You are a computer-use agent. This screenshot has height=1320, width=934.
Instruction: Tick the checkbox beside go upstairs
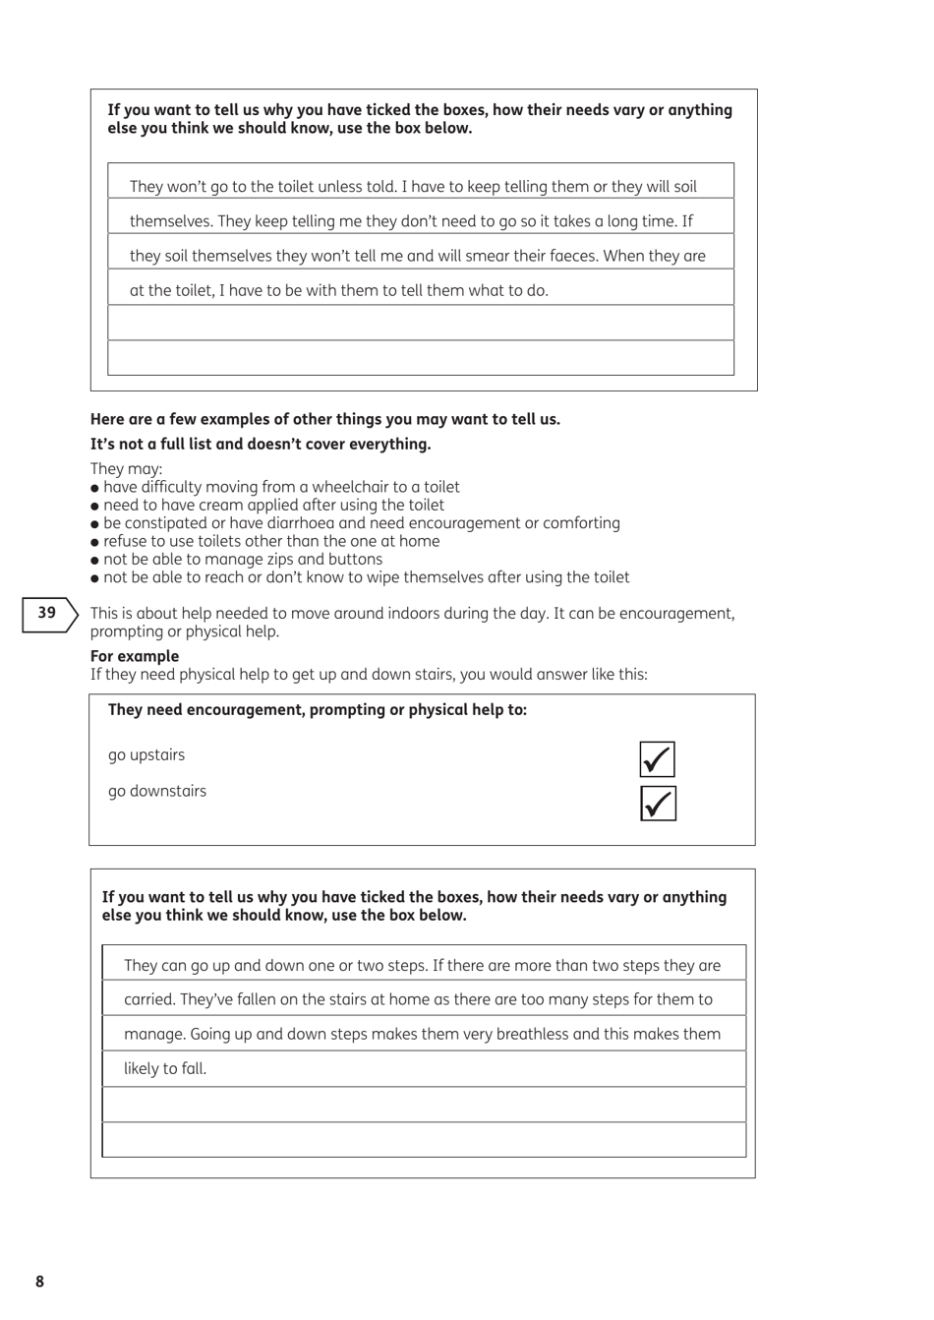[x=657, y=759]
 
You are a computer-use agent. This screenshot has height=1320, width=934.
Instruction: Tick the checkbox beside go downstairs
[x=657, y=804]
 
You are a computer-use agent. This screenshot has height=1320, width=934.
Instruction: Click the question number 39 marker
[x=48, y=613]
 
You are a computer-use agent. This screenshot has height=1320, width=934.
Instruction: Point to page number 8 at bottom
[x=39, y=1281]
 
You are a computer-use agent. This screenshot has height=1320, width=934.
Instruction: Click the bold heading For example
[x=135, y=656]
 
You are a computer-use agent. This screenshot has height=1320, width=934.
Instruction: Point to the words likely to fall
[x=165, y=1068]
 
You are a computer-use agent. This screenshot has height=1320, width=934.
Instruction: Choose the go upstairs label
[x=146, y=755]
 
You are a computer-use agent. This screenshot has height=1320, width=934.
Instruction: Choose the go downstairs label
[x=157, y=791]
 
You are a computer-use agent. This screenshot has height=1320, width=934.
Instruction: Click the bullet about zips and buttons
[x=242, y=559]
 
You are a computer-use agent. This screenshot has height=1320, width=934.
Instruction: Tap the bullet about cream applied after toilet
[x=273, y=506]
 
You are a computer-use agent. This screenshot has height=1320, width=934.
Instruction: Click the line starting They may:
[x=127, y=469]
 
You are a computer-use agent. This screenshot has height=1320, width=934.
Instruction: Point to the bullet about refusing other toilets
[x=270, y=541]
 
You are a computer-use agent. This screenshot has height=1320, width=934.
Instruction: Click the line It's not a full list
[x=261, y=444]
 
